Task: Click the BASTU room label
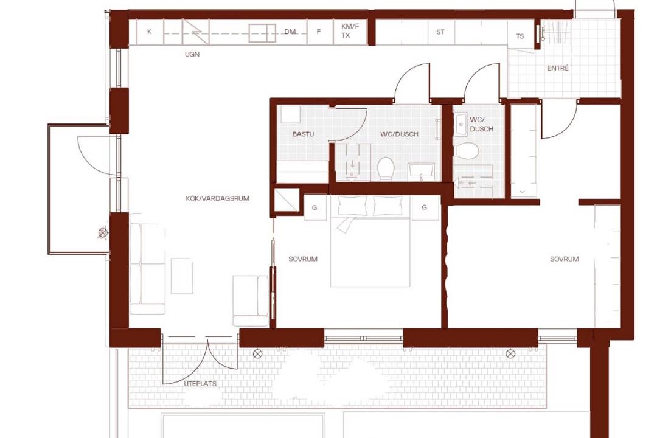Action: [303, 134]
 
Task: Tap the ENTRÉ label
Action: [558, 68]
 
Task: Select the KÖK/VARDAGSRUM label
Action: [217, 198]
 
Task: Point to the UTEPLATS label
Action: [200, 383]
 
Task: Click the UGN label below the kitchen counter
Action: [192, 54]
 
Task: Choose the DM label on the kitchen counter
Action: [290, 32]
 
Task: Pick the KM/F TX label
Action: [350, 31]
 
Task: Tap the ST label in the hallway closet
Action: [440, 32]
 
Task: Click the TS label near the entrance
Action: [520, 36]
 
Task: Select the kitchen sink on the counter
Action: [262, 33]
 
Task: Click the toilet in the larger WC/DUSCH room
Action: [386, 169]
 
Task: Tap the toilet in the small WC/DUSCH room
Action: [466, 151]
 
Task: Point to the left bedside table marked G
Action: [315, 207]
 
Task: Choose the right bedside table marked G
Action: [425, 207]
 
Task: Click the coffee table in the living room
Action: [182, 276]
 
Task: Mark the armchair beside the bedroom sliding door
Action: [251, 301]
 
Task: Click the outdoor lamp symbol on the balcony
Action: [102, 232]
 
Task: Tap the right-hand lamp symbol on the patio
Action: [510, 354]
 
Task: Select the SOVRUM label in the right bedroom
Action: [564, 259]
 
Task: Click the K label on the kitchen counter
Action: [149, 32]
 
